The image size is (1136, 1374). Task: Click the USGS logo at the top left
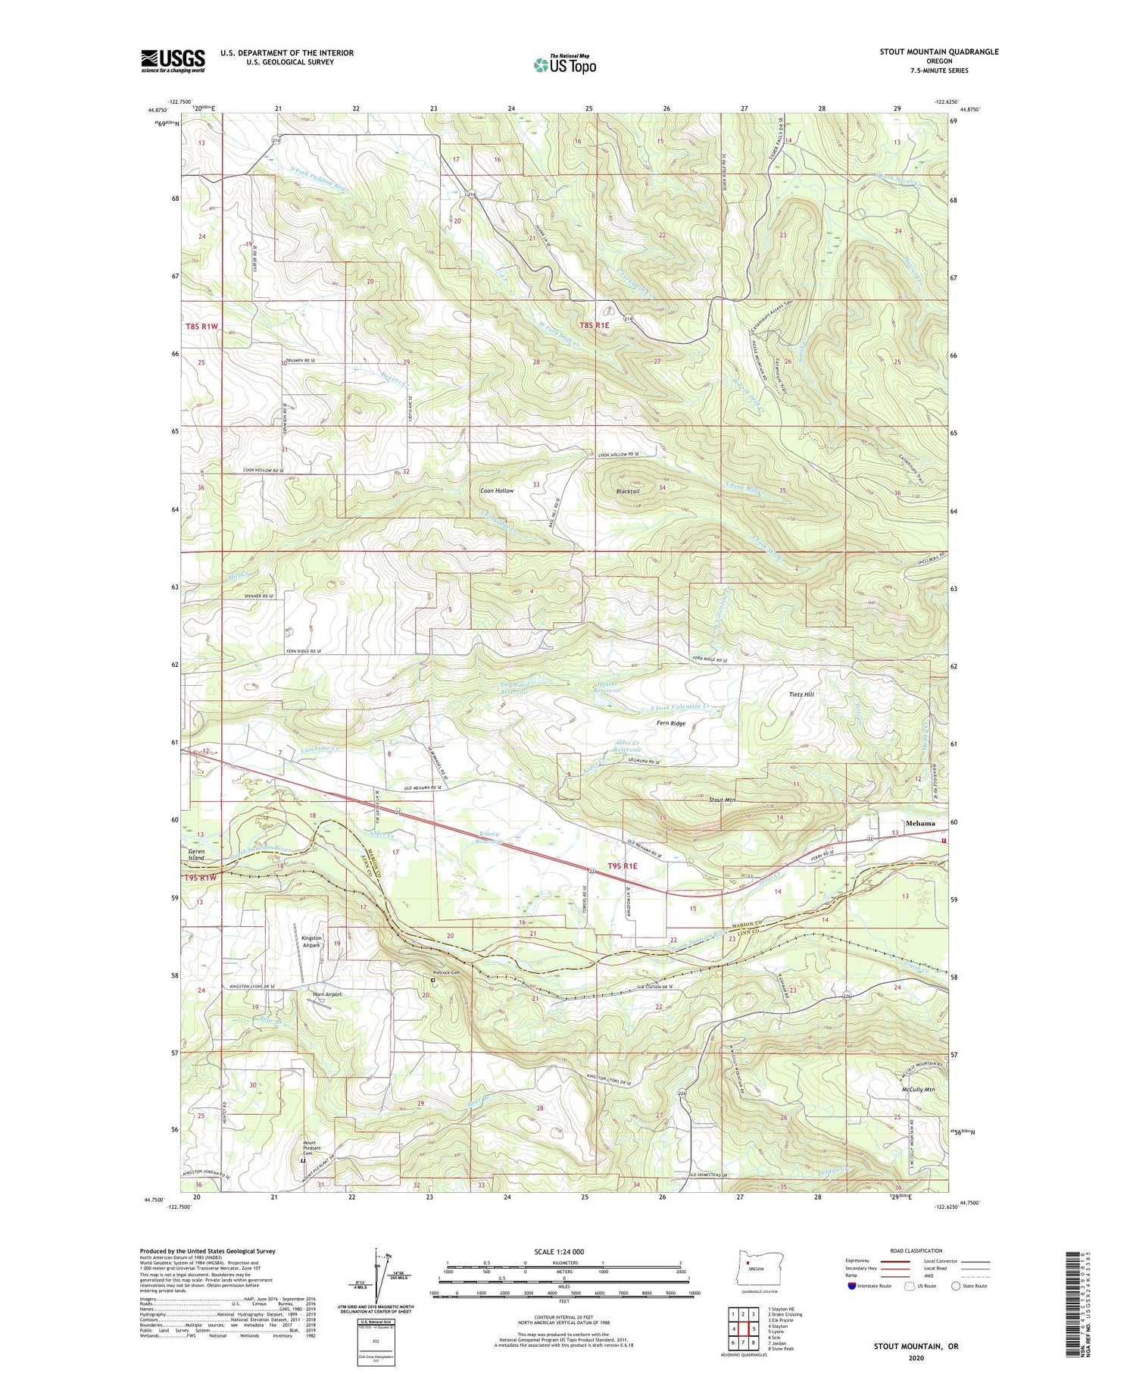173,61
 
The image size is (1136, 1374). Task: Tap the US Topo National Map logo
564,64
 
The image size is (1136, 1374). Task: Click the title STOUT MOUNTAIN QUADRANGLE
938,52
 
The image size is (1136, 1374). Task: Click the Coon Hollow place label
497,490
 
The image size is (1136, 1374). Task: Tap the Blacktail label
629,491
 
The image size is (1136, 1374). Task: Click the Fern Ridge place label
670,723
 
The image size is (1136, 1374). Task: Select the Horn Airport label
326,994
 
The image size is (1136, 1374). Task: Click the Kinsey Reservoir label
489,838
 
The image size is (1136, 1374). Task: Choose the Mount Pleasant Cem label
302,1147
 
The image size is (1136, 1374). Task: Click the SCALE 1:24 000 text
559,1251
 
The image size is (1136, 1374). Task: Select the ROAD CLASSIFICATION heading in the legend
916,1250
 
